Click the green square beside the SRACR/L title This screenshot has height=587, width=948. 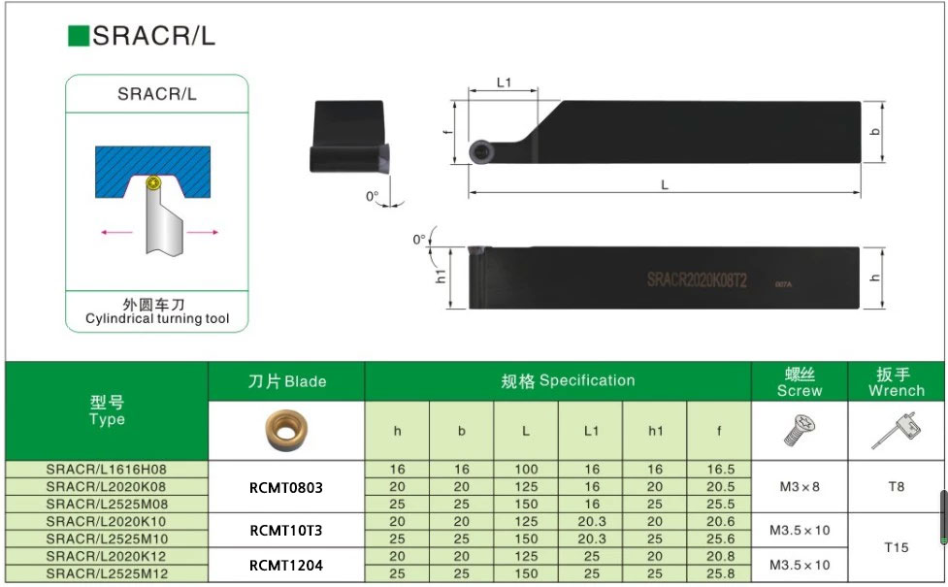(x=78, y=36)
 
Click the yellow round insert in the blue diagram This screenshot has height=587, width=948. (x=151, y=181)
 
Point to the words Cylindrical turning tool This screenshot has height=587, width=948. (x=156, y=318)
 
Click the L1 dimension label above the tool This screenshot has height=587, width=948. (x=504, y=82)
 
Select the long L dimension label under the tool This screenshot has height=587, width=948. (x=665, y=184)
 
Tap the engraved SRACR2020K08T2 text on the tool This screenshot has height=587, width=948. (x=697, y=279)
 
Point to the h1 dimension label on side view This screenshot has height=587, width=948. (x=441, y=276)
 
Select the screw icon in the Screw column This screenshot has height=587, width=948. (x=799, y=428)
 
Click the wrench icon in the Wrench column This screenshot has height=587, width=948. (x=896, y=428)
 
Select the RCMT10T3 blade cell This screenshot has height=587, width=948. (x=286, y=530)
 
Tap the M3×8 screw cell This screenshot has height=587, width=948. (x=800, y=486)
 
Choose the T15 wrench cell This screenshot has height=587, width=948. (x=897, y=547)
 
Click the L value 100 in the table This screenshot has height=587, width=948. (x=526, y=469)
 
